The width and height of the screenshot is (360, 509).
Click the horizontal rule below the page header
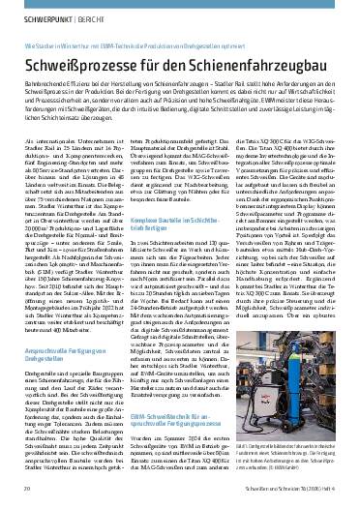[x=180, y=26]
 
